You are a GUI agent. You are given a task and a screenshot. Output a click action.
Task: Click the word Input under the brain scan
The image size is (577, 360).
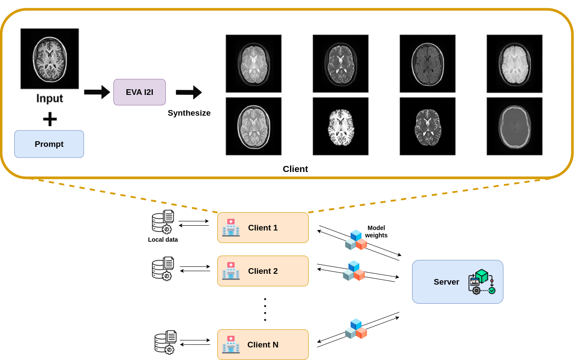49,98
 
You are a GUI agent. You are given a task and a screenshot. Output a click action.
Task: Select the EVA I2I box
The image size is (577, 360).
139,92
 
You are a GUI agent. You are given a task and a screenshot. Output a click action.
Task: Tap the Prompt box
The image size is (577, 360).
49,144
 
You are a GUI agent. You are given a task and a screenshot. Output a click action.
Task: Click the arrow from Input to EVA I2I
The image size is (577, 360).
97,92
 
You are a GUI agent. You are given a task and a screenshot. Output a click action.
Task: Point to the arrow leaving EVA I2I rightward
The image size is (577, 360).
188,92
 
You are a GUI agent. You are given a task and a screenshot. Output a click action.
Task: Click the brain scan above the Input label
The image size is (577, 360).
50,58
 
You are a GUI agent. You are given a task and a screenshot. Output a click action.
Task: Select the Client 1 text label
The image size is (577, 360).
263,228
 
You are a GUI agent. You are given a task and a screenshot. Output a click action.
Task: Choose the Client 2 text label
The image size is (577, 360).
263,271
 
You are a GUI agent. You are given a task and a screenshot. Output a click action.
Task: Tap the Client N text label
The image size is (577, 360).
263,345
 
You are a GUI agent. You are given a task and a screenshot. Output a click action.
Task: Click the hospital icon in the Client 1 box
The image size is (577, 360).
231,228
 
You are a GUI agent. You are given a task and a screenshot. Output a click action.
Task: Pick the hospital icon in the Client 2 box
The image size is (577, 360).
231,271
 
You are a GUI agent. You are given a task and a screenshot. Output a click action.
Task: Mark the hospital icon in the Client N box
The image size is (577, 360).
231,345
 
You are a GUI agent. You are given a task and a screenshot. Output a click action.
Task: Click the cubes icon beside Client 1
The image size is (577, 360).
356,240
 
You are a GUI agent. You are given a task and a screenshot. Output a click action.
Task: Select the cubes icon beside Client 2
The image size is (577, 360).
354,271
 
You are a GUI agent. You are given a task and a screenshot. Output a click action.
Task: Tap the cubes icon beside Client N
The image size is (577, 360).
356,329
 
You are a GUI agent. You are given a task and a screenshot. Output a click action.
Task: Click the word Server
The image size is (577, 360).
446,282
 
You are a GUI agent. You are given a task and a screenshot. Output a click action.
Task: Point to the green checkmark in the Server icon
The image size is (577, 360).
492,291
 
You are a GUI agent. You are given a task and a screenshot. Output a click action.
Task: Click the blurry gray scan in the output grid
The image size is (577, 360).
514,126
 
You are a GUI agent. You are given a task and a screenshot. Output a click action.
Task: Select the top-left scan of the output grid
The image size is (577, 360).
254,64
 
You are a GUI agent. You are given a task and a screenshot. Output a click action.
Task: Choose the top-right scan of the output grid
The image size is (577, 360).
514,64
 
